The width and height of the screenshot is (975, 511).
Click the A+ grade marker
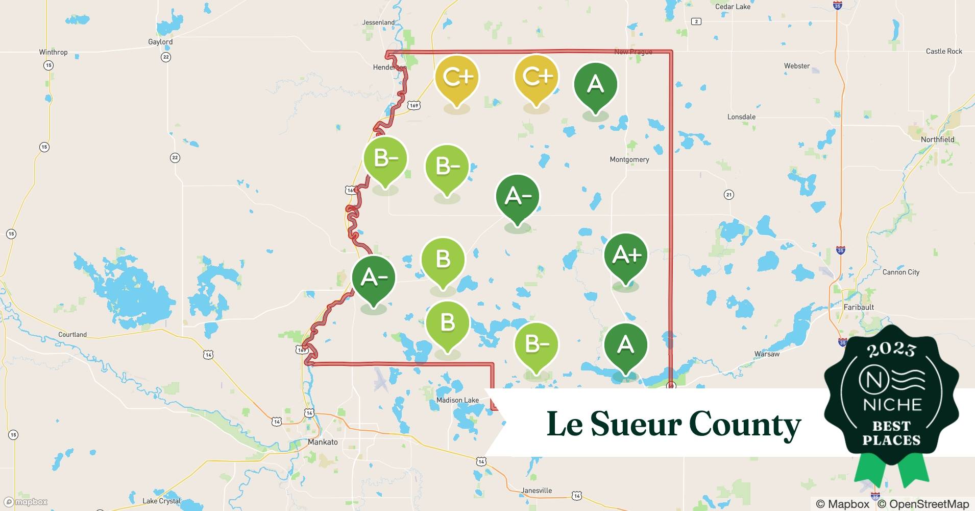click(625, 255)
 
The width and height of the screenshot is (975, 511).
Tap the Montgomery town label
click(629, 159)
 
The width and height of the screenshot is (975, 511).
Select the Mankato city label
click(323, 442)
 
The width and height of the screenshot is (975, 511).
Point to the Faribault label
click(859, 307)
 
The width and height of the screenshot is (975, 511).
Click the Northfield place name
click(937, 140)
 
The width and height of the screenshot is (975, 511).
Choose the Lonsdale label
click(741, 117)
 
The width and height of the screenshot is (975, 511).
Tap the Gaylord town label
click(160, 42)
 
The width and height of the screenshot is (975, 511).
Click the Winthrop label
click(53, 52)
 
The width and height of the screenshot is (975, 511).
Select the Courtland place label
click(72, 335)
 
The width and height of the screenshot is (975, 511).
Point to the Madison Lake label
click(457, 400)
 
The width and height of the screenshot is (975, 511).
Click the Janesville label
click(537, 491)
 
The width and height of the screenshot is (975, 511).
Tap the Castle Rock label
click(944, 51)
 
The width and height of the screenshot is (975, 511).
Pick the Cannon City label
click(901, 272)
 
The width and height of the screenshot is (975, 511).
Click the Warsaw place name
click(767, 354)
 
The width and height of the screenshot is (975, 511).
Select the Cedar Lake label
click(733, 7)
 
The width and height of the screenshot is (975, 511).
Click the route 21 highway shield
click(729, 195)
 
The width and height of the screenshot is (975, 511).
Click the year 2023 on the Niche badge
click(891, 350)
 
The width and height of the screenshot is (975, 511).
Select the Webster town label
click(797, 66)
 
